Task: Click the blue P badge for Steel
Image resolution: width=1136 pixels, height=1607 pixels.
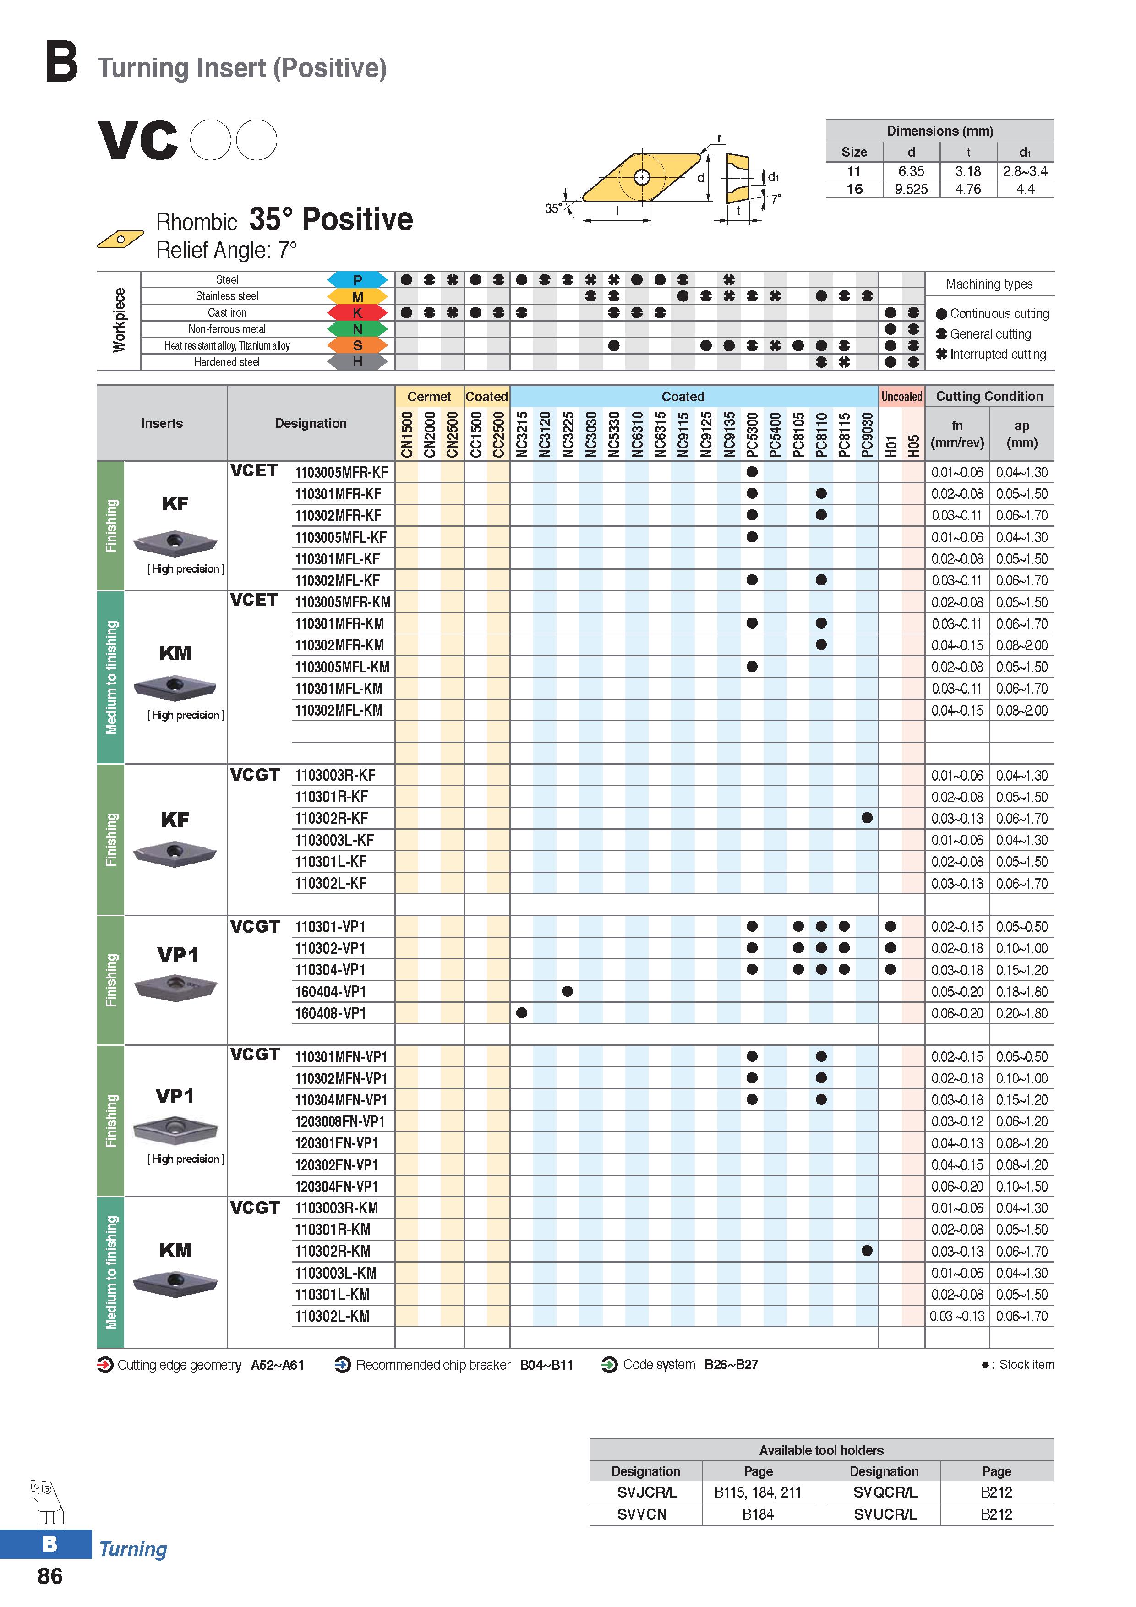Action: tap(357, 280)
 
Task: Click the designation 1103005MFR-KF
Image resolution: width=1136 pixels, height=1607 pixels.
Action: tap(342, 472)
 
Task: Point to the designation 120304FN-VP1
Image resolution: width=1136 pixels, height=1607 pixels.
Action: tap(337, 1186)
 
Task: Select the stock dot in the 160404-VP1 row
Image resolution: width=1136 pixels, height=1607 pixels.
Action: tap(568, 991)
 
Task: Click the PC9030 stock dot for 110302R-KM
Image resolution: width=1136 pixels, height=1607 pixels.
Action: tap(867, 1251)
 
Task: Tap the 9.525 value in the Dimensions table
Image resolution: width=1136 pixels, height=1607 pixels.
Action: tap(911, 189)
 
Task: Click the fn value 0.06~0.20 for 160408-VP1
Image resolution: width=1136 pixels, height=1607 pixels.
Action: tap(957, 1013)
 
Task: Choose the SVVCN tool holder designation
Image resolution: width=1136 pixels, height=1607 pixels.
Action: tap(642, 1514)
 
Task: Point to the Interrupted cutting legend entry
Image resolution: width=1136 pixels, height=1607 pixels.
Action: tap(991, 354)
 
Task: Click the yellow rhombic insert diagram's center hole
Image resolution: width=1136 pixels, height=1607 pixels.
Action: tap(642, 177)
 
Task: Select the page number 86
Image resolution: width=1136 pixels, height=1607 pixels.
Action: tap(49, 1575)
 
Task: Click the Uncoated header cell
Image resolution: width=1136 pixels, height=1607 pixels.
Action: tap(901, 396)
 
